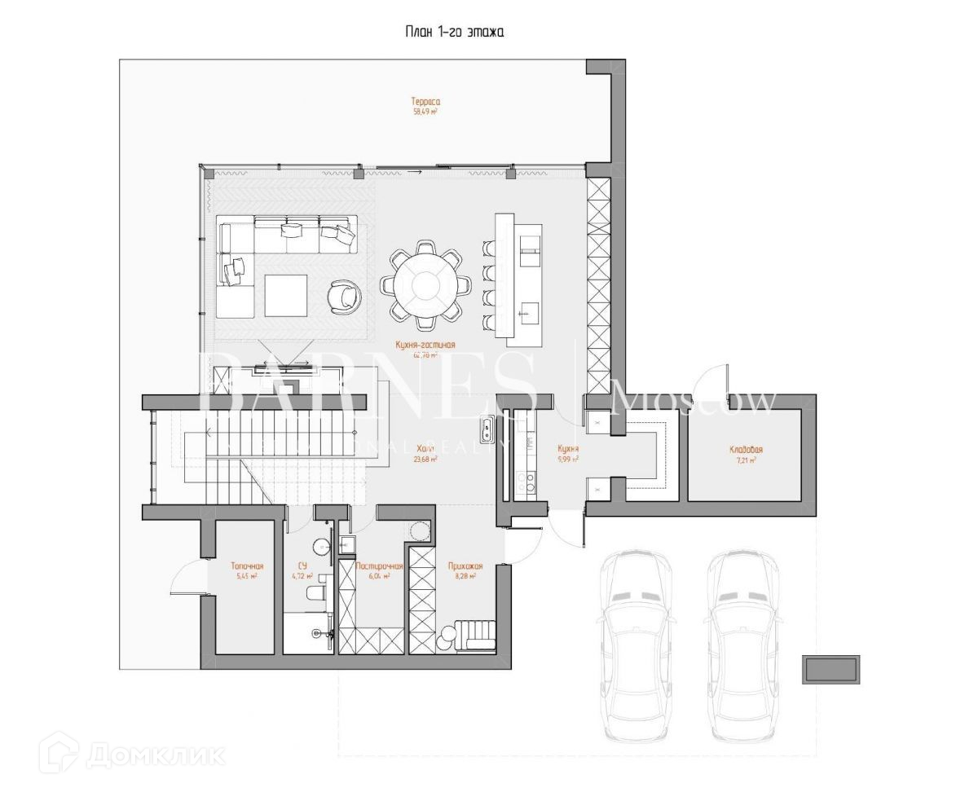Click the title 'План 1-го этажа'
[455, 33]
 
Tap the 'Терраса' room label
[426, 102]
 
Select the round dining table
[425, 284]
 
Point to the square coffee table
[285, 295]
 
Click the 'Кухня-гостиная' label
[425, 345]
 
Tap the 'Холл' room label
[425, 449]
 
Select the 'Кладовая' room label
[746, 450]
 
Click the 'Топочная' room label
[247, 566]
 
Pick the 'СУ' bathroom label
[302, 566]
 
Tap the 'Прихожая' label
[465, 566]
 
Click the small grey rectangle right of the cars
[831, 670]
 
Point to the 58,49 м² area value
[426, 112]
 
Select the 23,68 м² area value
[425, 460]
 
